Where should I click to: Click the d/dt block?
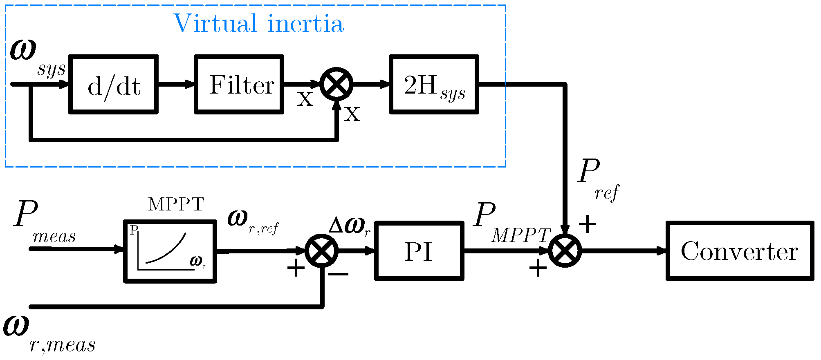click(114, 84)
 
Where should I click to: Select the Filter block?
click(240, 84)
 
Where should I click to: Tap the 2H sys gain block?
click(434, 84)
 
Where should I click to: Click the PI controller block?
click(419, 251)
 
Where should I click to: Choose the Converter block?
click(740, 251)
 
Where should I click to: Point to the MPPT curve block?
click(170, 251)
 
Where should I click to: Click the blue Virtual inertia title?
click(258, 24)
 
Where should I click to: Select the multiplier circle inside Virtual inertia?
click(336, 84)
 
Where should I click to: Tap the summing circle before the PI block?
click(322, 250)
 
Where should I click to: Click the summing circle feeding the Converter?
click(565, 250)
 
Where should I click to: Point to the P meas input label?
click(41, 223)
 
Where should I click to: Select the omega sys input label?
click(35, 57)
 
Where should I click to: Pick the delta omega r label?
click(350, 226)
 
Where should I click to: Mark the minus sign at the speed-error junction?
click(339, 274)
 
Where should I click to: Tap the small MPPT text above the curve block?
click(176, 204)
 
